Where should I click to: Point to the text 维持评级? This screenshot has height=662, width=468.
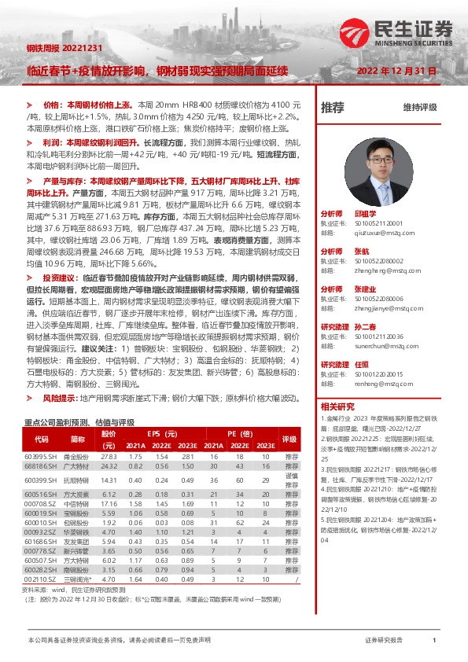click(419, 108)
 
